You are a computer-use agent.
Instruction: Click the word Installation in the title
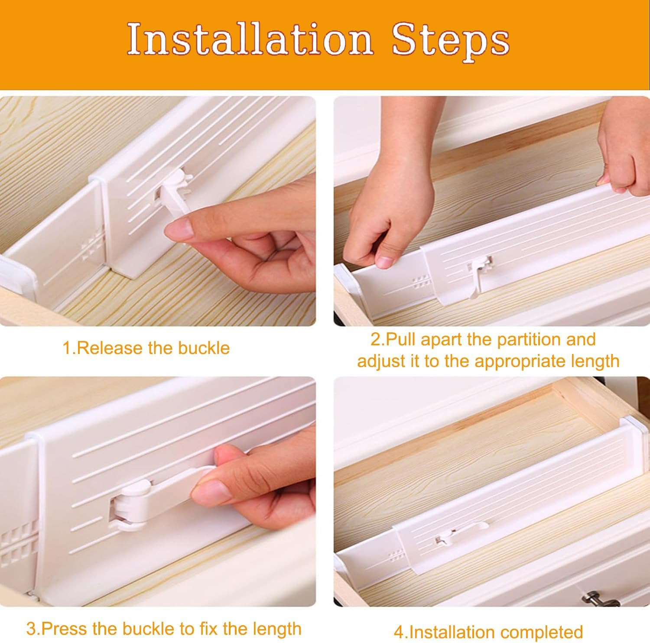point(250,39)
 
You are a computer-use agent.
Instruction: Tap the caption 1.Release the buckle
point(146,348)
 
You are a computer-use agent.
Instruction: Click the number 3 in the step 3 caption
point(30,629)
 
